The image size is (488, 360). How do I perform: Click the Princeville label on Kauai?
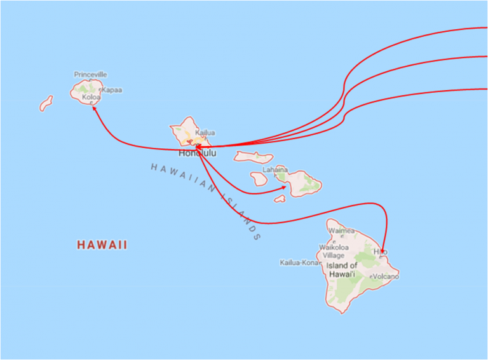[90, 74]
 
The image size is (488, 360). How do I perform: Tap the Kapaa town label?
[112, 90]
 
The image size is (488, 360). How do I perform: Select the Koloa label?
[91, 97]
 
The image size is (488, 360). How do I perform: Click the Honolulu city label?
[197, 153]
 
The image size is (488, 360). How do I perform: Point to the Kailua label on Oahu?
[205, 133]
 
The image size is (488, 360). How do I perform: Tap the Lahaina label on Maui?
[275, 170]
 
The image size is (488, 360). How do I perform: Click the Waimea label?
[341, 231]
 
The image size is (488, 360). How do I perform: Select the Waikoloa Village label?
[334, 251]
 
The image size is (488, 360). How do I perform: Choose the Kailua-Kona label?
[299, 262]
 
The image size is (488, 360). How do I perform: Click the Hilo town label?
[380, 252]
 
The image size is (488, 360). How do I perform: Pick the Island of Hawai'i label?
[342, 270]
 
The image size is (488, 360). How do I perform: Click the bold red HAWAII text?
[102, 244]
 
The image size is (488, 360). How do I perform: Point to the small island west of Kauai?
[46, 103]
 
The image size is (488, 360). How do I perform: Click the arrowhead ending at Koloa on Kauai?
[94, 107]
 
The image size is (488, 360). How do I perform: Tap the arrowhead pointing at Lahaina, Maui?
[283, 187]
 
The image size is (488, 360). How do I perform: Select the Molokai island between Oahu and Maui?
[254, 156]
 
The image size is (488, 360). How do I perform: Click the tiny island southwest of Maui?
[280, 198]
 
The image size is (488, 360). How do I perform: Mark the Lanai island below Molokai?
[259, 179]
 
